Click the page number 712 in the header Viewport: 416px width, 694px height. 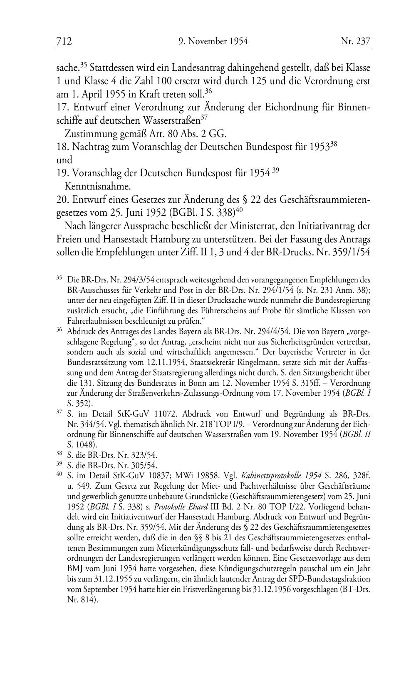click(64, 41)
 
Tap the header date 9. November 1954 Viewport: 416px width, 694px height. click(213, 41)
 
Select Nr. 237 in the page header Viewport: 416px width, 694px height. click(355, 41)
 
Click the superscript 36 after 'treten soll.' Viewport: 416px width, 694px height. click(209, 90)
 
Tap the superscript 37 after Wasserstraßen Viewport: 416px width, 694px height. click(203, 118)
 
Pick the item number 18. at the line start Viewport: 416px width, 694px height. click(62, 147)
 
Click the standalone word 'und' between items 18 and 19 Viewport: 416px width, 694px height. click(64, 160)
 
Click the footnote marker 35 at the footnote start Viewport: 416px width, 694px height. click(59, 277)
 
